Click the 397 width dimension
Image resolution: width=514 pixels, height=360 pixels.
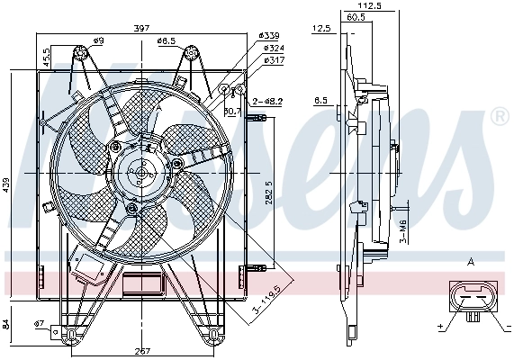click(x=142, y=28)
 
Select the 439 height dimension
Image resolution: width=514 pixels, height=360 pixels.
click(x=8, y=184)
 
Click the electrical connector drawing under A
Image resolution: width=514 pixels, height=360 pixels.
click(x=472, y=300)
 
